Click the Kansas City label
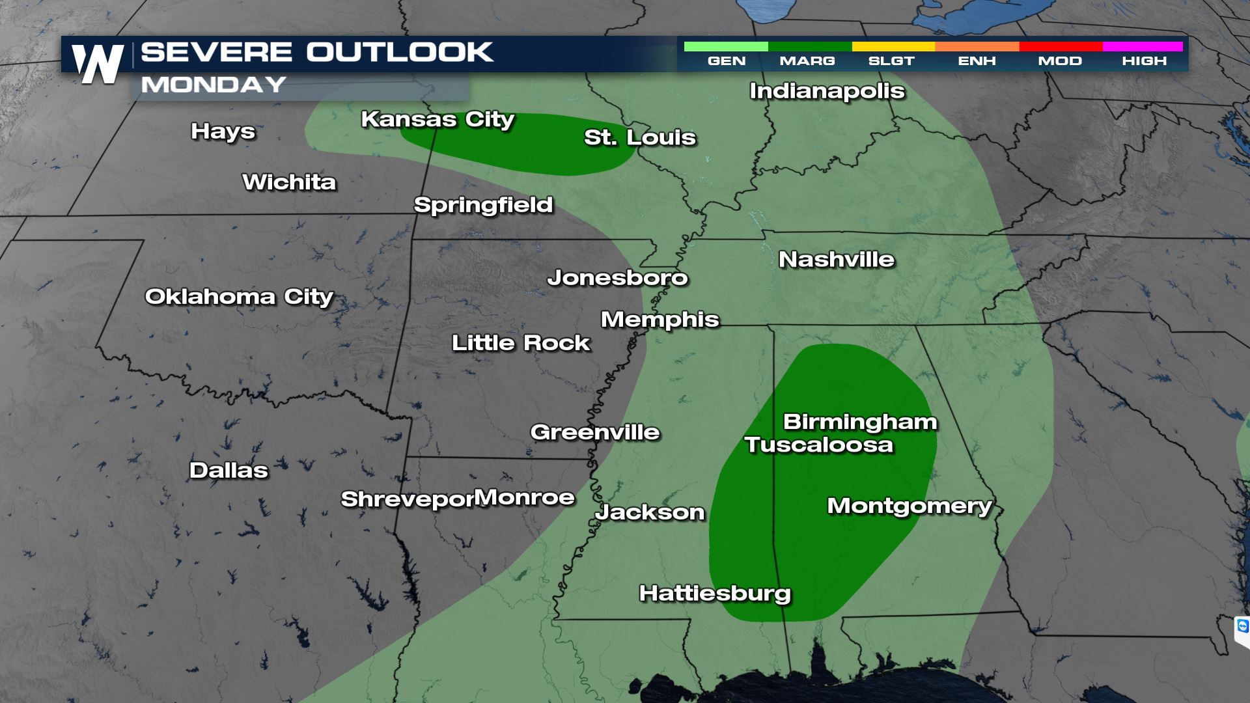(437, 120)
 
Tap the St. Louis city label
(639, 137)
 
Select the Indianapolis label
(827, 91)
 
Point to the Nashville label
(837, 260)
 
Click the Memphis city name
(660, 320)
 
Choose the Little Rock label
(521, 343)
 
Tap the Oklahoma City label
(239, 297)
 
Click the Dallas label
(229, 470)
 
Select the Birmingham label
(859, 422)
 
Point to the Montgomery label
(909, 506)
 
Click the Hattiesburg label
(715, 594)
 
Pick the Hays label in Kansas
(223, 131)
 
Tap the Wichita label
(289, 182)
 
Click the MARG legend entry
(807, 61)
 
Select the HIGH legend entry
(1144, 61)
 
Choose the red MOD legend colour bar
(1061, 47)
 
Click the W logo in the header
(98, 64)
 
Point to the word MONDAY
(214, 85)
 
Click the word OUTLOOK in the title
(399, 52)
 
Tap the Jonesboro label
(617, 278)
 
